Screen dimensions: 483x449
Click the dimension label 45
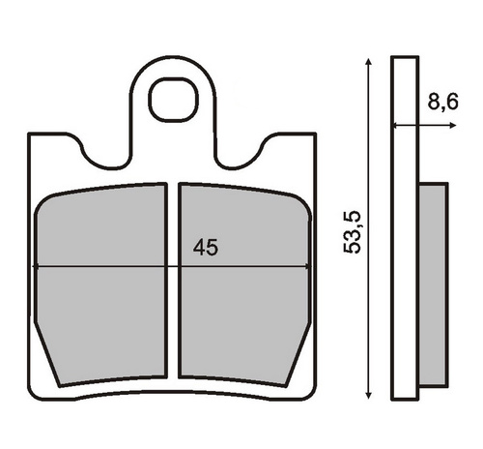[x=206, y=248]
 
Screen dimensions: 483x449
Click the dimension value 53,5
[x=352, y=232]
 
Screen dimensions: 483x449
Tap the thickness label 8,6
[x=442, y=102]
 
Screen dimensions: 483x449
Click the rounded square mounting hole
[x=173, y=100]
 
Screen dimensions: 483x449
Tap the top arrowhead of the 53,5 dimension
[x=369, y=62]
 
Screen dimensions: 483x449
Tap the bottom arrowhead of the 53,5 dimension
[x=369, y=395]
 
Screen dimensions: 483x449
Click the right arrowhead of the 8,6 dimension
[x=453, y=126]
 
